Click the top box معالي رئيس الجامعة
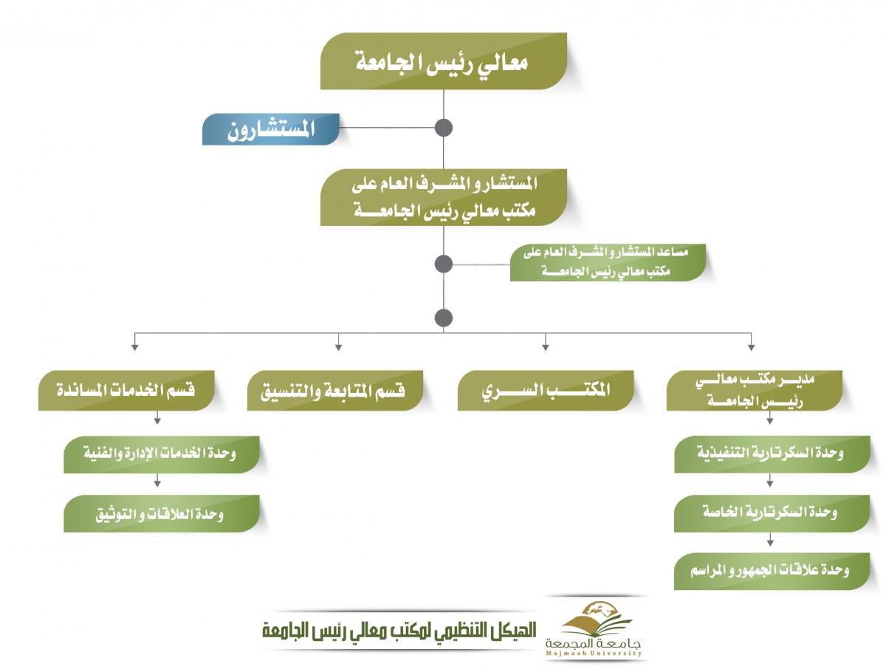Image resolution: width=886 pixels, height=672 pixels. tap(443, 61)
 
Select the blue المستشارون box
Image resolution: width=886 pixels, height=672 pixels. tap(270, 129)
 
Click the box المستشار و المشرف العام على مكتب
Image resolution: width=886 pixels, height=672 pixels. tap(443, 197)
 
